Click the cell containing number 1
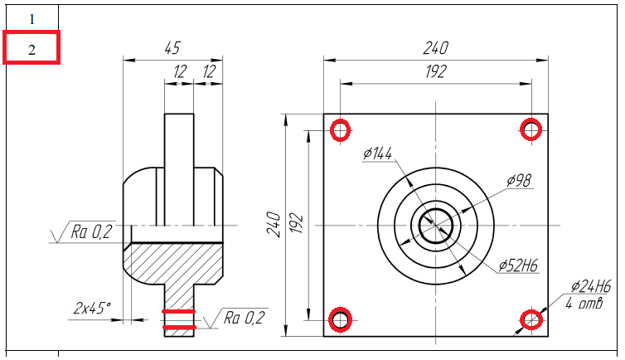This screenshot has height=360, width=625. coord(31,18)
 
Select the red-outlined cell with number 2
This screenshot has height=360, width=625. coord(31,49)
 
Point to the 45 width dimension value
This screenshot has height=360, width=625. coord(172,49)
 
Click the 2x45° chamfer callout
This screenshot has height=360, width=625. coord(91,309)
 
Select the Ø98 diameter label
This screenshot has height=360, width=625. coord(519,180)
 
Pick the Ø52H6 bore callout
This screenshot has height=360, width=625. coord(519,266)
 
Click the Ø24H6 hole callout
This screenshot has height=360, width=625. coord(591,287)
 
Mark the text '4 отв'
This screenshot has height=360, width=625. coord(584,303)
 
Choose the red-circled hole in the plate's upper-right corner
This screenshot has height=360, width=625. coord(531,129)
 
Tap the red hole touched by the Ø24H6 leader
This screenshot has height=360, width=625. coord(531,319)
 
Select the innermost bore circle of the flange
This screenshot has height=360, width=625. coord(435,225)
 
